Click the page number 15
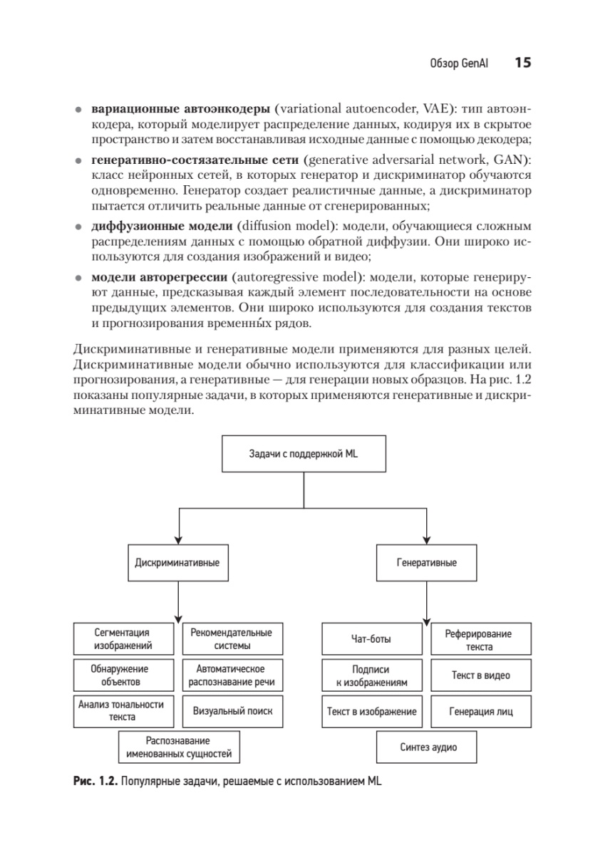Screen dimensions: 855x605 pyautogui.click(x=522, y=63)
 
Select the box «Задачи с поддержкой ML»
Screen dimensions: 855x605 pyautogui.click(x=304, y=453)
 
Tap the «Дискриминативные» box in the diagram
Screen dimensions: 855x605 pyautogui.click(x=177, y=562)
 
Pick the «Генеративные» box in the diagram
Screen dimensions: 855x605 pyautogui.click(x=426, y=562)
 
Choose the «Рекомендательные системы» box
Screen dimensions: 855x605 pyautogui.click(x=232, y=639)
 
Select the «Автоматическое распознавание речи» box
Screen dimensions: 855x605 pyautogui.click(x=232, y=675)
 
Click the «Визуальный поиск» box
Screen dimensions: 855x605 pyautogui.click(x=232, y=711)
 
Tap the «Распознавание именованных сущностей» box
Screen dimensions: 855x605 pyautogui.click(x=178, y=747)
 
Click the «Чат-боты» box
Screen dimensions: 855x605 pyautogui.click(x=371, y=639)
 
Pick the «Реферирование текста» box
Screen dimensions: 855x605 pyautogui.click(x=480, y=639)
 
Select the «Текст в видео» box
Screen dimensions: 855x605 pyautogui.click(x=480, y=675)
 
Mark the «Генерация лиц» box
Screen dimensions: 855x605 pyautogui.click(x=480, y=711)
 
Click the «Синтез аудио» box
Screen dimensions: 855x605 pyautogui.click(x=427, y=747)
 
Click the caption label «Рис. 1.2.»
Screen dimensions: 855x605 pyautogui.click(x=95, y=781)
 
